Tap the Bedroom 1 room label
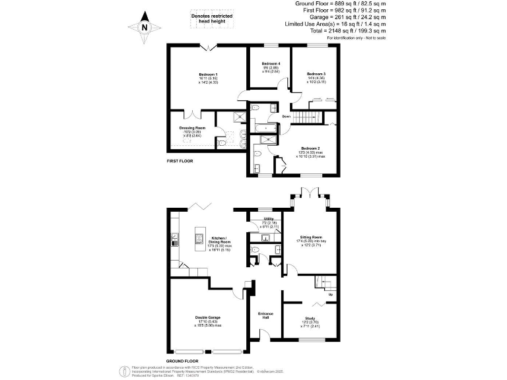click(x=209, y=74)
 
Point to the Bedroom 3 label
click(x=316, y=73)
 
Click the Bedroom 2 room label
click(x=311, y=148)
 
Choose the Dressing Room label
click(x=192, y=127)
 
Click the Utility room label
click(x=269, y=218)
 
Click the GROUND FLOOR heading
click(x=183, y=362)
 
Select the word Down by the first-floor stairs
click(x=286, y=117)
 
